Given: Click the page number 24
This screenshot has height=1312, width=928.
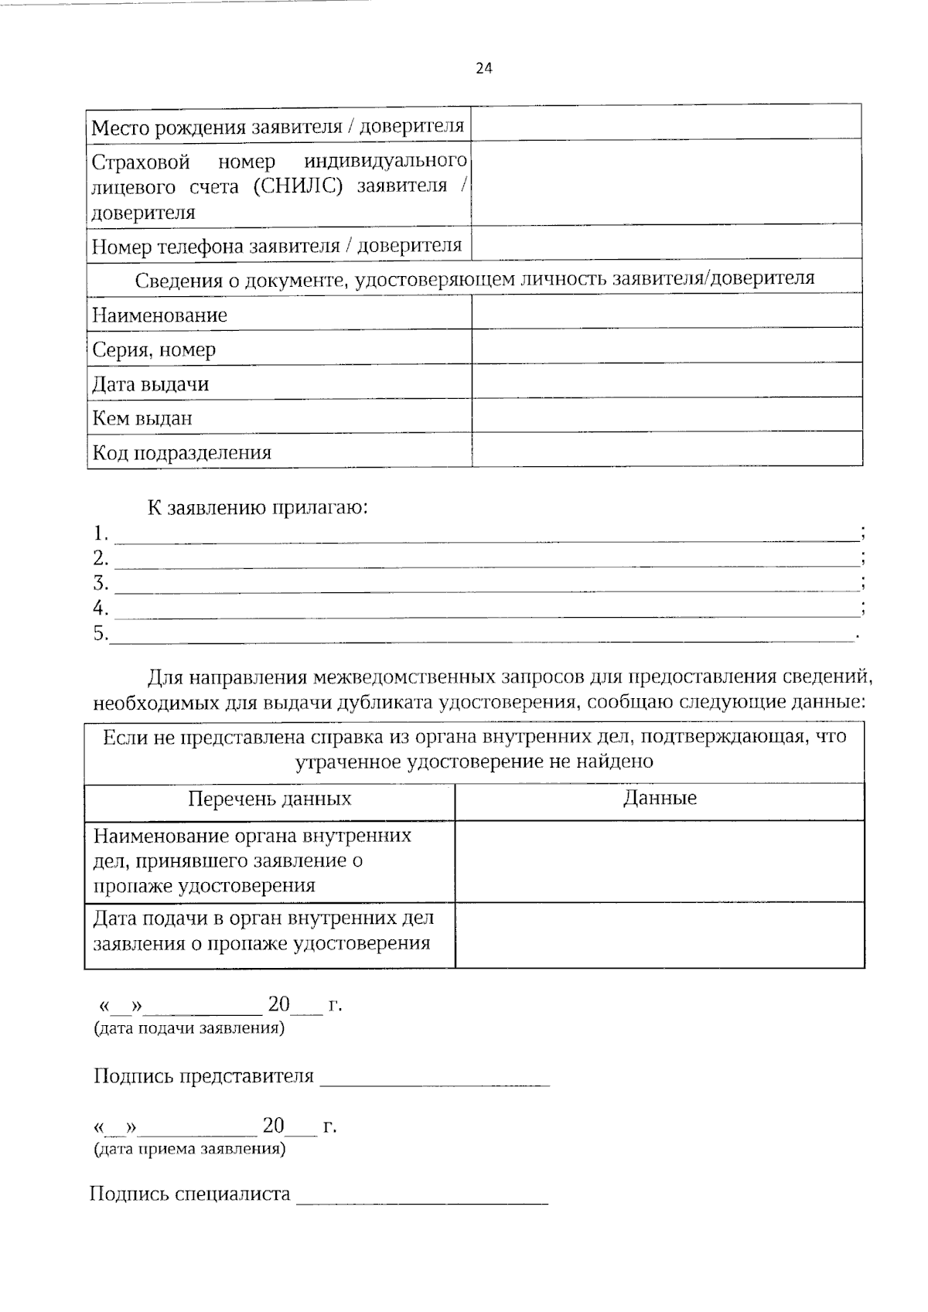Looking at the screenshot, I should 483,69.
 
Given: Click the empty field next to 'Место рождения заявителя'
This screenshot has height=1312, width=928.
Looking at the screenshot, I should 666,124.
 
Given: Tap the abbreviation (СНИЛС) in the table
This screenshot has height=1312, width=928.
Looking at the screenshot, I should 297,186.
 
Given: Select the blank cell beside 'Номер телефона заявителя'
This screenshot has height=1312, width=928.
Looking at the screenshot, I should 666,244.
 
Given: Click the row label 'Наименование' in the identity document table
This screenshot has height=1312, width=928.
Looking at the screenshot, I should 160,315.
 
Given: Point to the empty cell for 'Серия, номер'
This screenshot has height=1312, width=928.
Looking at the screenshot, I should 666,348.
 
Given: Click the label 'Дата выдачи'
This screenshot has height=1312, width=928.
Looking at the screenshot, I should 151,384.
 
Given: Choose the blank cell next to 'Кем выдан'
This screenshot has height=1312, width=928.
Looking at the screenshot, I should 666,416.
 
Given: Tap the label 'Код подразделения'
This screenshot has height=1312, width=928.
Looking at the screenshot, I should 182,452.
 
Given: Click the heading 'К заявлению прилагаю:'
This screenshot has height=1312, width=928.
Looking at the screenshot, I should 258,508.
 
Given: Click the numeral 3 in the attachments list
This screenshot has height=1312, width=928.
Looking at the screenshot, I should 100,582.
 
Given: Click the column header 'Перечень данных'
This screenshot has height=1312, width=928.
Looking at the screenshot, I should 270,799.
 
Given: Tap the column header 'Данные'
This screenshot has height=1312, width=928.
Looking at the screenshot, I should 660,798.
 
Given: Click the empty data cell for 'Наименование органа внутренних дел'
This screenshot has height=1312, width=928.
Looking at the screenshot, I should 660,860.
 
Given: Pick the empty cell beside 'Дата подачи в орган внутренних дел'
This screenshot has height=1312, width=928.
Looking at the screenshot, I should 660,934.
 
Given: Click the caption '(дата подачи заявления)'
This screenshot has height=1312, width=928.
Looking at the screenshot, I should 189,1028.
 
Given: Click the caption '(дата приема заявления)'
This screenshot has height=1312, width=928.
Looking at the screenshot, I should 189,1148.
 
